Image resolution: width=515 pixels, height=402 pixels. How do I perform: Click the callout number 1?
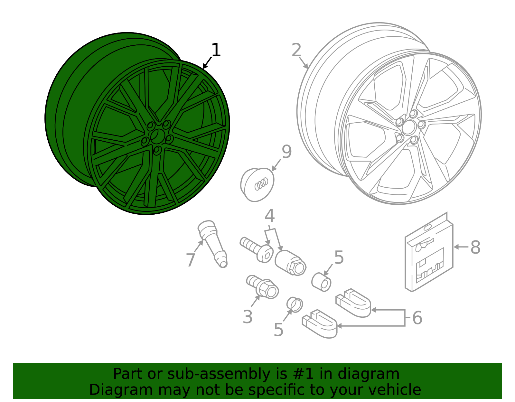(216, 51)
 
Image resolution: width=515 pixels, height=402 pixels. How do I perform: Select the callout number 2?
(296, 51)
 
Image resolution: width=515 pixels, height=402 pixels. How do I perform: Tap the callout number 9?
(286, 152)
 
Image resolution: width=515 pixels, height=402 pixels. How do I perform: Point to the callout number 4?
(270, 216)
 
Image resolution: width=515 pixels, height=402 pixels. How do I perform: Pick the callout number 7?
(191, 260)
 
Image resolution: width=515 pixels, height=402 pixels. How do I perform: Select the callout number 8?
(475, 248)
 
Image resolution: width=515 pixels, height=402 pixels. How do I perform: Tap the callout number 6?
(417, 318)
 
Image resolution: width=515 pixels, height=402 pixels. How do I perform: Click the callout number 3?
(248, 317)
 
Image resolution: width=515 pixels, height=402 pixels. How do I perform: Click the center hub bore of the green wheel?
(157, 136)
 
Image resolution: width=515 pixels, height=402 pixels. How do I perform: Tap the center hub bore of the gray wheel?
(408, 127)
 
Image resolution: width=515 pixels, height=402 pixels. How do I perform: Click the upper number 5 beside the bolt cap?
(339, 257)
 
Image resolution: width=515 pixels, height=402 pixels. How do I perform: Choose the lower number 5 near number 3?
(278, 330)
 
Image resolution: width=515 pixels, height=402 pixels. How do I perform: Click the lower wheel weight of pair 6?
(320, 324)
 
